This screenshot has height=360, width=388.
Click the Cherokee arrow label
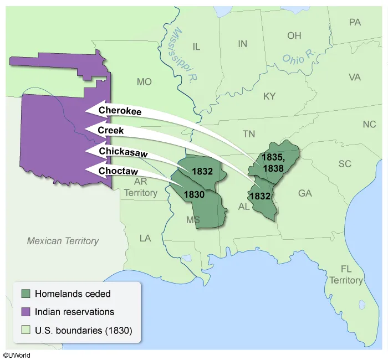pyautogui.click(x=120, y=111)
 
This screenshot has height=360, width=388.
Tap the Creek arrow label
pyautogui.click(x=110, y=131)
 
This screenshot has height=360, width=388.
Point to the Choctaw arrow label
pyautogui.click(x=118, y=171)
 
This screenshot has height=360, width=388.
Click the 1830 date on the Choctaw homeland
pyautogui.click(x=195, y=194)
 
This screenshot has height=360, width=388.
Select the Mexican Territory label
pyautogui.click(x=63, y=241)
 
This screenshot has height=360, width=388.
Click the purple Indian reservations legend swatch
pyautogui.click(x=25, y=312)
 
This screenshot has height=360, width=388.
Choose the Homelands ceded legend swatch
pyautogui.click(x=25, y=294)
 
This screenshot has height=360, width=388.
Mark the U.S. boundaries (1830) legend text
pyautogui.click(x=83, y=331)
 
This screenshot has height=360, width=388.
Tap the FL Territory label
pyautogui.click(x=346, y=275)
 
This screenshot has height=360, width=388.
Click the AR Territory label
pyautogui.click(x=140, y=188)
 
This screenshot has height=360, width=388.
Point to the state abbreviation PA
pyautogui.click(x=355, y=22)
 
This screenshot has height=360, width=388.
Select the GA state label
pyautogui.click(x=305, y=193)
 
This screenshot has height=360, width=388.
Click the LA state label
pyautogui.click(x=145, y=238)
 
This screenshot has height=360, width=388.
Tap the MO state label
pyautogui.click(x=144, y=82)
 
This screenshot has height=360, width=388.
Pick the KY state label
pyautogui.click(x=269, y=96)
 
